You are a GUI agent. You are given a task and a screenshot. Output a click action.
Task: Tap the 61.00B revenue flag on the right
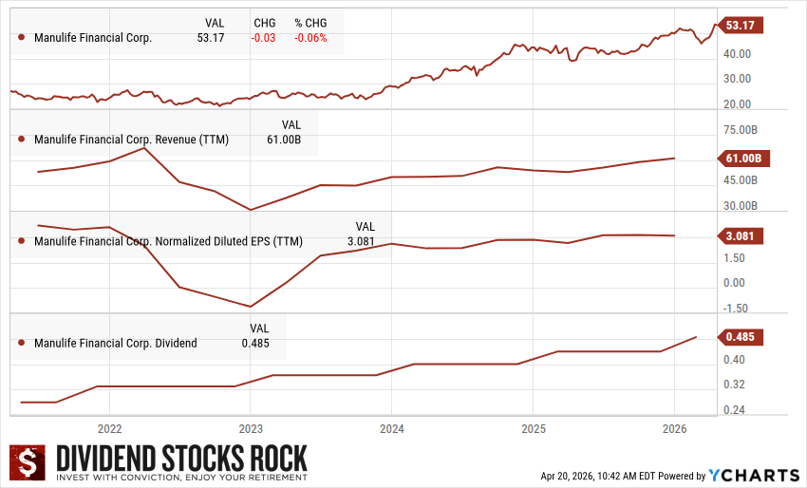[x=739, y=158]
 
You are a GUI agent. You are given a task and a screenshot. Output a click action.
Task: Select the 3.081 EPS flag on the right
[x=739, y=235]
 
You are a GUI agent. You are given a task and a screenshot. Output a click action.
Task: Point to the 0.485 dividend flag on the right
[x=739, y=337]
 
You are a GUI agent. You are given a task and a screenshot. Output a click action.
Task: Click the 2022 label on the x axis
[x=109, y=428]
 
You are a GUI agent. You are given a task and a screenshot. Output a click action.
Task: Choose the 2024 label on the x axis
[x=391, y=428]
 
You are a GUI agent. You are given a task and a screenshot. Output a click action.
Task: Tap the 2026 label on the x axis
[x=673, y=428]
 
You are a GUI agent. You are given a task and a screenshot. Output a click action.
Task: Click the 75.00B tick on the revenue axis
[x=740, y=129]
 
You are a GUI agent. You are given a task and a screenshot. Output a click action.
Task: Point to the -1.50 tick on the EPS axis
[x=736, y=308]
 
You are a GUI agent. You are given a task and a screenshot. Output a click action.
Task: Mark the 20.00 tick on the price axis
[x=739, y=104]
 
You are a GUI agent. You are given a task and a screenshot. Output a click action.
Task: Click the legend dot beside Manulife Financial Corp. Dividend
[x=22, y=343]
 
